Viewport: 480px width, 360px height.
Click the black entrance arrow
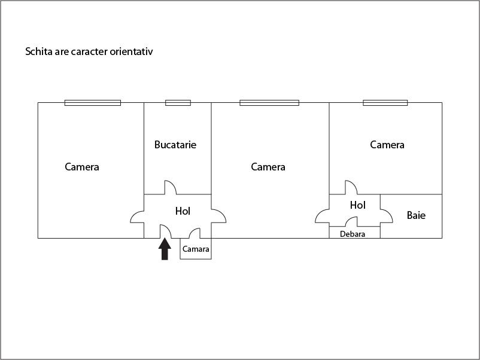[x=165, y=249]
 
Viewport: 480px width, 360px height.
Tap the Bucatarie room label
[x=175, y=145]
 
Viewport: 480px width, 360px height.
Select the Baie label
[x=416, y=215]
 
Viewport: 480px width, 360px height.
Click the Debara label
[x=353, y=234]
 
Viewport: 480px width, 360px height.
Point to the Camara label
[x=196, y=249]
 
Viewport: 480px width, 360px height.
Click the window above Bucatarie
[x=178, y=103]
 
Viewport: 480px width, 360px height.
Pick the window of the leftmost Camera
[x=92, y=103]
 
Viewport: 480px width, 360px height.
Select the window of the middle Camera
[x=269, y=103]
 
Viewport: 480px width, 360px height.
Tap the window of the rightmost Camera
[x=385, y=103]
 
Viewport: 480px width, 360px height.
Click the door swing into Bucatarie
[x=171, y=188]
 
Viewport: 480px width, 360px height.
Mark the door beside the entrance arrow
[x=166, y=231]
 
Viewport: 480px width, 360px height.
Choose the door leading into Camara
[x=195, y=233]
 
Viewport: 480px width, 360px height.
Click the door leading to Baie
[x=387, y=216]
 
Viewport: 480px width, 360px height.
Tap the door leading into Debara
[x=351, y=222]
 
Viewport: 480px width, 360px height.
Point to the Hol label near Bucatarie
[x=183, y=211]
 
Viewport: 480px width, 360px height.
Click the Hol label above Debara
[x=357, y=205]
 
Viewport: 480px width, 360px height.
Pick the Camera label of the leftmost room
[x=82, y=167]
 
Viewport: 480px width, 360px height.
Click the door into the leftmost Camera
[x=137, y=216]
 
